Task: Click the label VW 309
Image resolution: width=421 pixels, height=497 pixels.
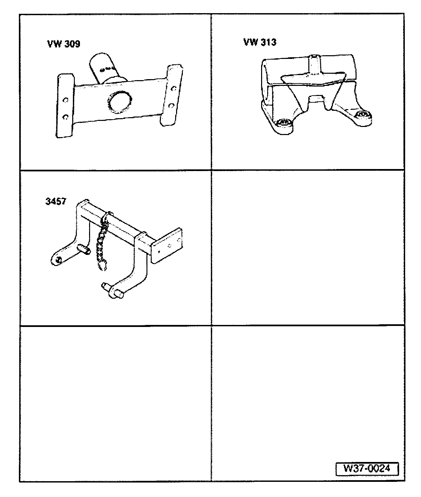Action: [x=63, y=44]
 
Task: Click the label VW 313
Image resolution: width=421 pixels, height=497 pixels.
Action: [x=260, y=42]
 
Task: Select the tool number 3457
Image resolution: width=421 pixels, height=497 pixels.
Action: [x=56, y=201]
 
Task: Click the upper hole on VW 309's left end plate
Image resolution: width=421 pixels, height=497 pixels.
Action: [x=65, y=100]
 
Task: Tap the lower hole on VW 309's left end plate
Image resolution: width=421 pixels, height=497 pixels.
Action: [x=65, y=117]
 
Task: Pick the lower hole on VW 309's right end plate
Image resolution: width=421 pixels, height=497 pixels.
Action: [x=171, y=105]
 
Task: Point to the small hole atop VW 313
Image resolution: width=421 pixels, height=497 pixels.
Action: [x=314, y=57]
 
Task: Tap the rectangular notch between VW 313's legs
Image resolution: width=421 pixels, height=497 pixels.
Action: [x=317, y=98]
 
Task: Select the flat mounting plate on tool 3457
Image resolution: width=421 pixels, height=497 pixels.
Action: [x=167, y=245]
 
